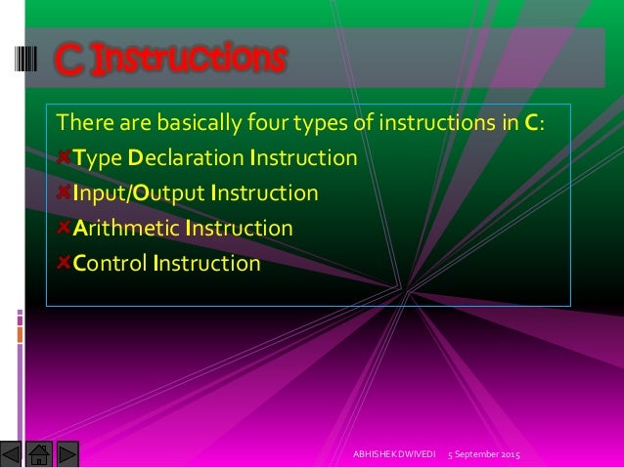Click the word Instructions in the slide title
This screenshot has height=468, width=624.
pyautogui.click(x=186, y=59)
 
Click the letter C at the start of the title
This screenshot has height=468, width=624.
pyautogui.click(x=66, y=60)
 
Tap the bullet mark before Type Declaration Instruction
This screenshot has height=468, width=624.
pyautogui.click(x=65, y=156)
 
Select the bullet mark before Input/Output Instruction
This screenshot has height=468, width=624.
pyautogui.click(x=65, y=192)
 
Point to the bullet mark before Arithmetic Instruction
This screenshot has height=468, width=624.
pyautogui.click(x=65, y=228)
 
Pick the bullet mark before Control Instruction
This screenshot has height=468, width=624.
pyautogui.click(x=65, y=263)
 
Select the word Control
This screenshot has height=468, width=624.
pyautogui.click(x=109, y=264)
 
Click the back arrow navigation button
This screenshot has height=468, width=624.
pyautogui.click(x=11, y=455)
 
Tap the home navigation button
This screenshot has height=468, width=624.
pyautogui.click(x=39, y=455)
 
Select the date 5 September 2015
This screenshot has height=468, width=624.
pyautogui.click(x=483, y=456)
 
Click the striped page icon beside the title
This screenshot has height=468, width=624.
pyautogui.click(x=27, y=59)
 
